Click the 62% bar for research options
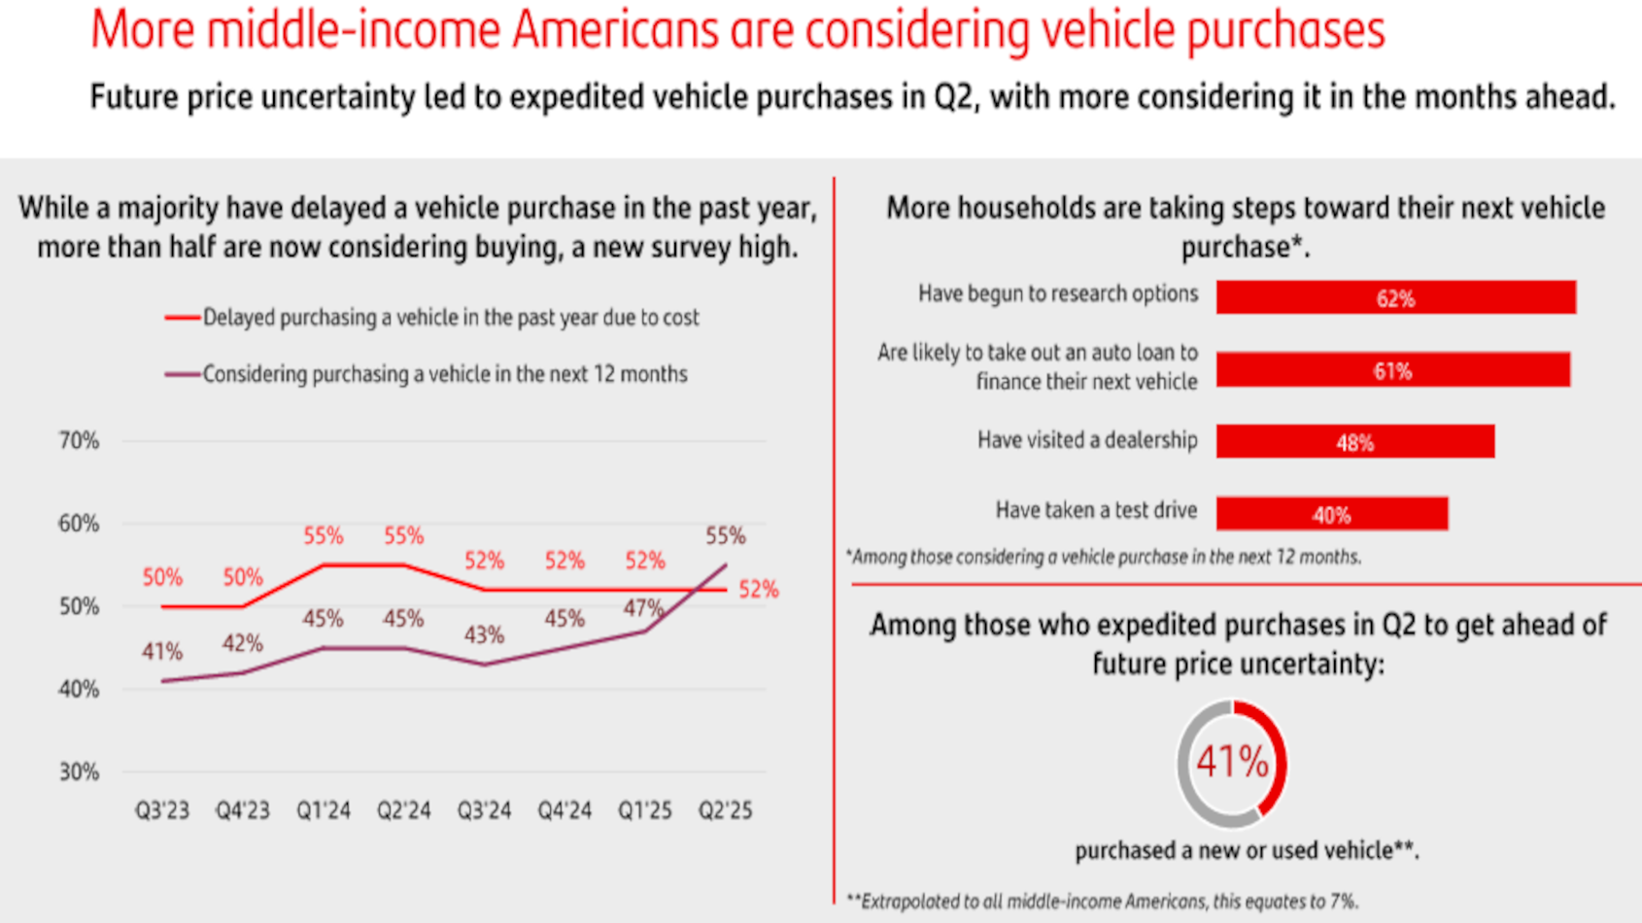pos(1395,297)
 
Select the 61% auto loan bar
pos(1392,370)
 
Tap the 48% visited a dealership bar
pos(1354,442)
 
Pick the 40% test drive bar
pos(1331,514)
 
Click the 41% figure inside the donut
pos(1232,763)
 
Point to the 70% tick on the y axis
pos(79,441)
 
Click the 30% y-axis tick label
pos(79,772)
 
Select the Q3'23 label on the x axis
pos(162,810)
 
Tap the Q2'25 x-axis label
pos(725,810)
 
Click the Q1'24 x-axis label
pos(324,810)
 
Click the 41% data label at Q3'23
pos(162,652)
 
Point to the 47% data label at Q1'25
pos(643,609)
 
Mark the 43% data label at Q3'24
pos(484,635)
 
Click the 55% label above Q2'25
pos(725,535)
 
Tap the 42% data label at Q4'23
pos(242,643)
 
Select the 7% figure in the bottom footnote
pos(1342,902)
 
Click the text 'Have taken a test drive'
pos(1096,511)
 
